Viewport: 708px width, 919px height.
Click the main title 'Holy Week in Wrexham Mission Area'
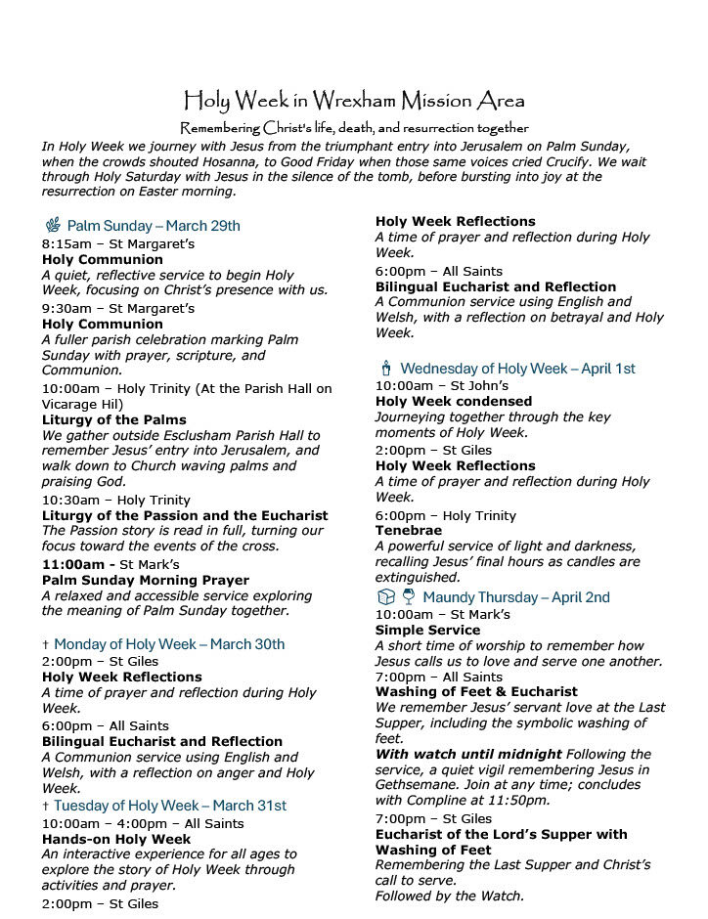[x=354, y=101]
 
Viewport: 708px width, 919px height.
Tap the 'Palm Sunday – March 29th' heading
[x=153, y=226]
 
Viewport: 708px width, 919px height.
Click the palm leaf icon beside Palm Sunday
[x=52, y=226]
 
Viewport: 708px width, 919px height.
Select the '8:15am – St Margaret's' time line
[x=105, y=243]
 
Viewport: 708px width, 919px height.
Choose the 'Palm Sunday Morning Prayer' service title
[x=145, y=580]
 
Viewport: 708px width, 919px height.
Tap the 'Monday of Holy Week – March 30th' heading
[x=169, y=644]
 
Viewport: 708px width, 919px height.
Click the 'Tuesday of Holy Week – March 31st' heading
[x=170, y=806]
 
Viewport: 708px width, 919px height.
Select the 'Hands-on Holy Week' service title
[x=116, y=839]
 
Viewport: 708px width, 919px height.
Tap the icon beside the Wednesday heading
[x=385, y=369]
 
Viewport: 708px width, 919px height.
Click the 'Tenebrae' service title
[x=409, y=531]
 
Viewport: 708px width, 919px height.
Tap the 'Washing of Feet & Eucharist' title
[x=476, y=692]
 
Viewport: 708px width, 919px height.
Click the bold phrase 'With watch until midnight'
[x=468, y=755]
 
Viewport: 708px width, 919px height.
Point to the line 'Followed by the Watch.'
[x=450, y=896]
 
